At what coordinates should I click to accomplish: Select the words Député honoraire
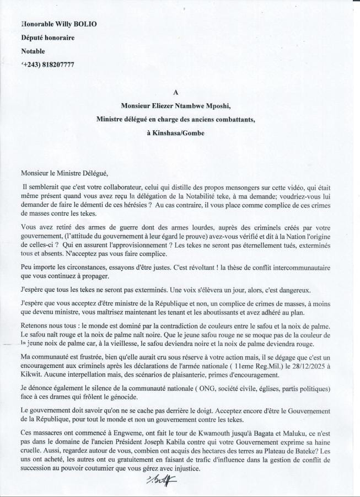click(47, 38)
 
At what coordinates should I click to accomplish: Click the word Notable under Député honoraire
click(33, 51)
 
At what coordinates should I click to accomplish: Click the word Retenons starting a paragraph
click(34, 325)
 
